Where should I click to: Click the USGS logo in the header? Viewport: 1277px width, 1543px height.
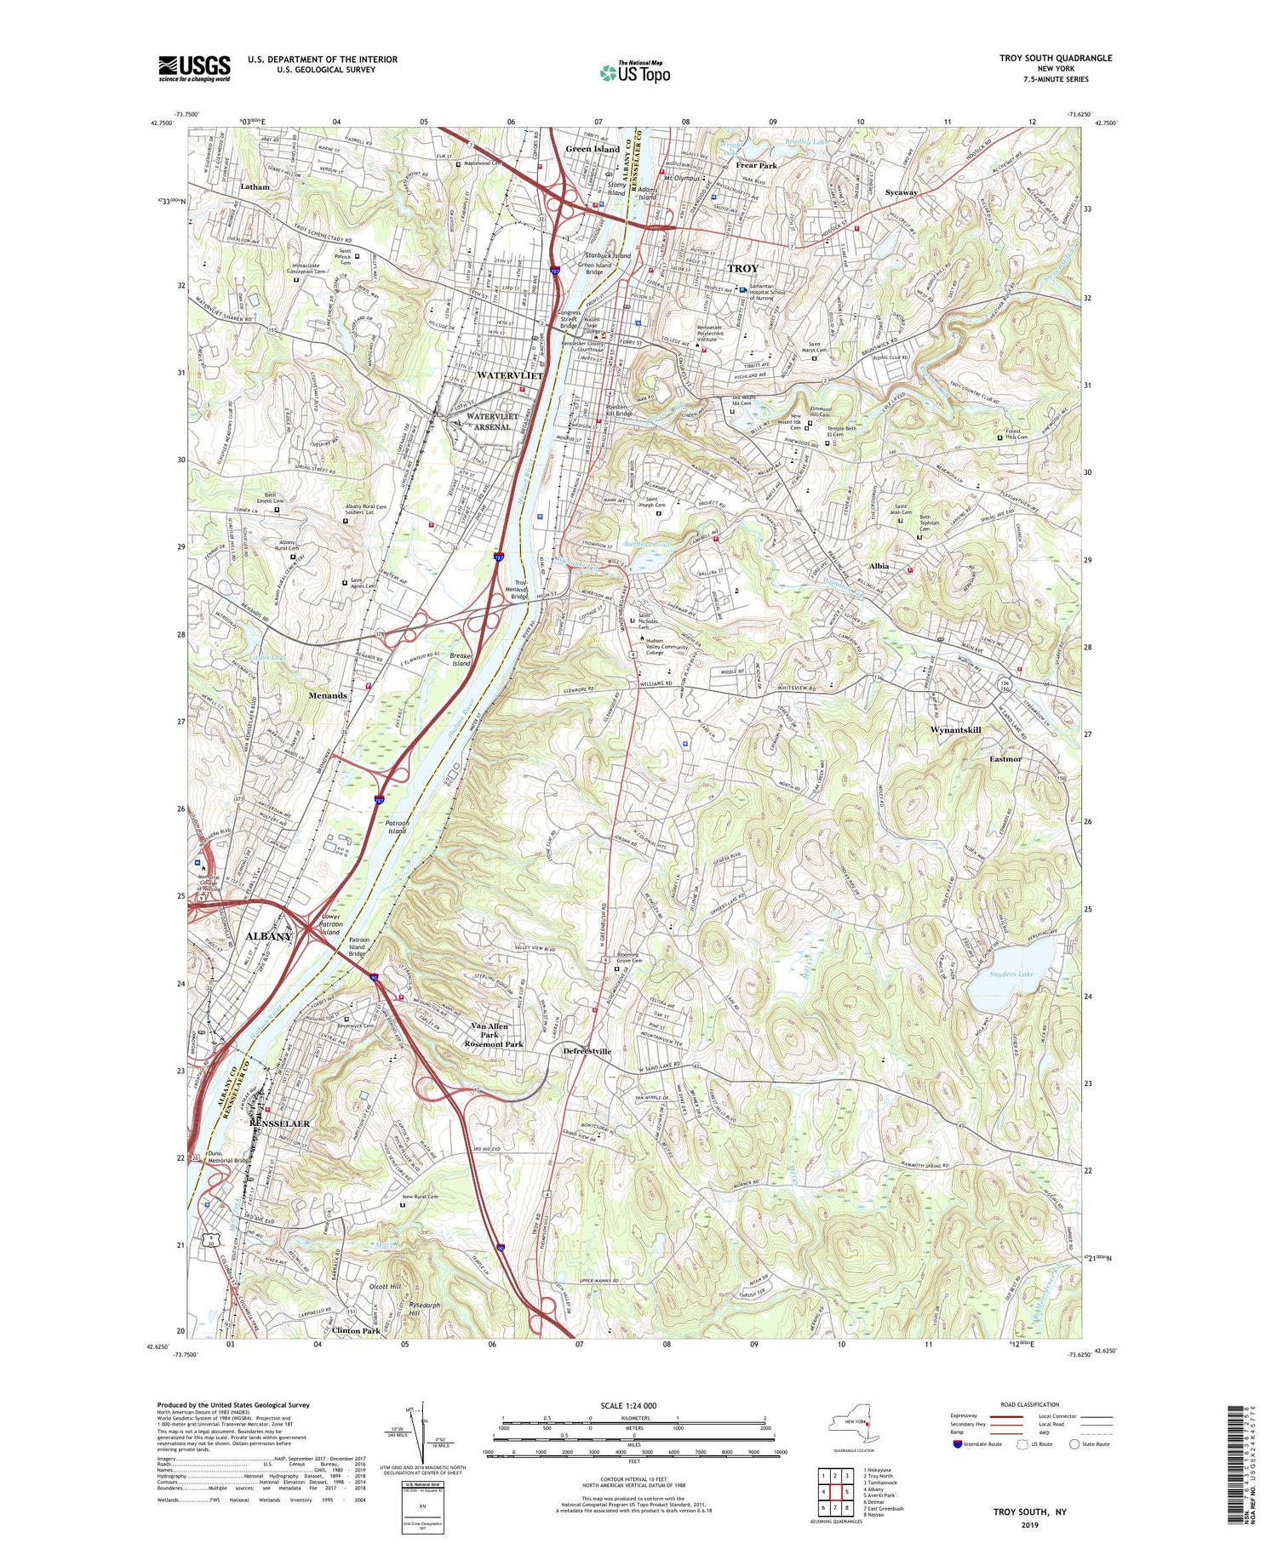pos(194,68)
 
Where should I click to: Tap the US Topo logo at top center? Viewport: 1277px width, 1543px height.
pos(635,72)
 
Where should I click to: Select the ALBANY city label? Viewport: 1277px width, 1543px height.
pos(268,936)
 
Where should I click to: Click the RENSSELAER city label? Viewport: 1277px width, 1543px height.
pos(280,1123)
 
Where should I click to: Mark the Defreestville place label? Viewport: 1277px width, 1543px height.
pos(587,1051)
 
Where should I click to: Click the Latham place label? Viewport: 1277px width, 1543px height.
pos(255,186)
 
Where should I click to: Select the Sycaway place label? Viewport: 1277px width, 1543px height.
pos(901,192)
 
